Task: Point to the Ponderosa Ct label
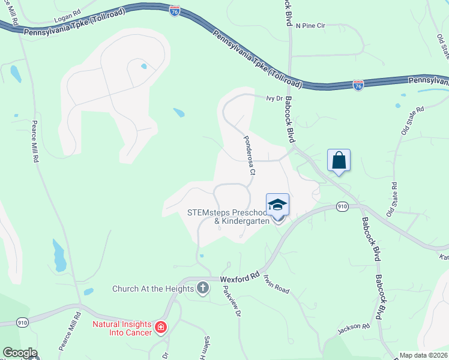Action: pos(249,154)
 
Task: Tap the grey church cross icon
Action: pos(202,288)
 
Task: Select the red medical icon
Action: pos(160,327)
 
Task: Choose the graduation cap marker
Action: pos(277,205)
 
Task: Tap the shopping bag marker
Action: pos(339,160)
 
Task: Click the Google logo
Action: pos(20,353)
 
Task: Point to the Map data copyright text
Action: pos(423,355)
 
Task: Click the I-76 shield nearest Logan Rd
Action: pos(175,11)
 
